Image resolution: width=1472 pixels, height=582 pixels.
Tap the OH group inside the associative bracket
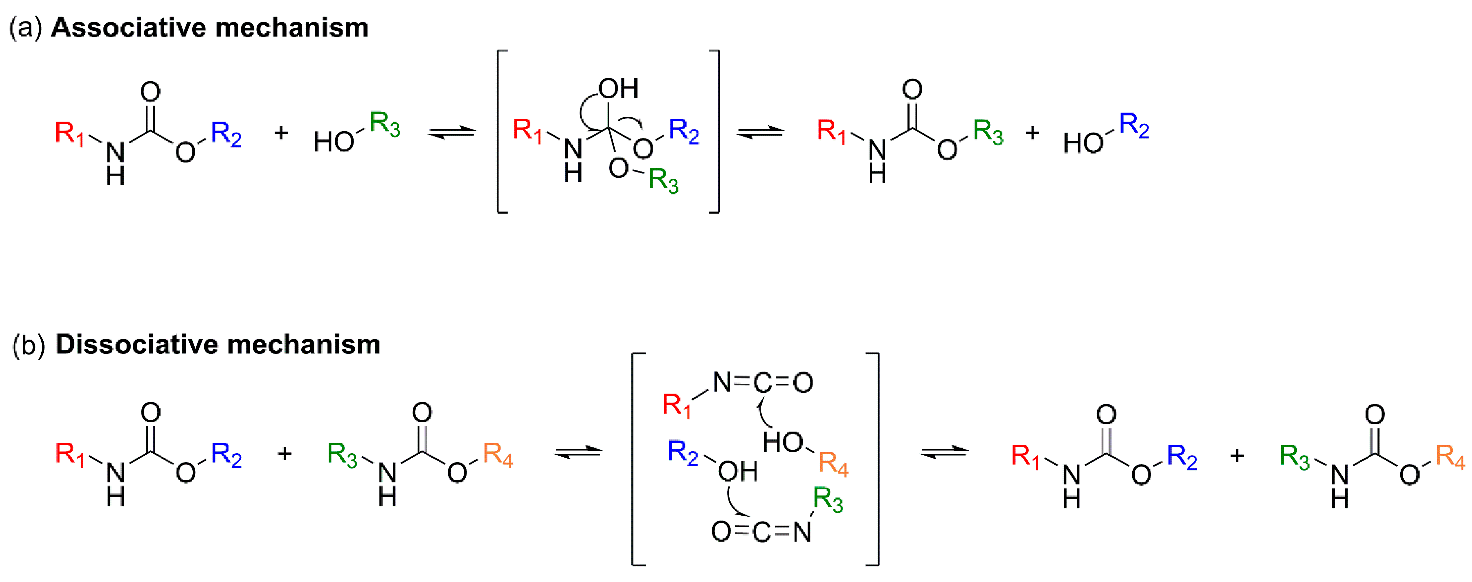click(x=618, y=89)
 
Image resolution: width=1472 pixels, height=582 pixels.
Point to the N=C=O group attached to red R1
click(x=763, y=382)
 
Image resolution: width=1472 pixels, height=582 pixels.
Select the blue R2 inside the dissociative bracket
click(x=683, y=452)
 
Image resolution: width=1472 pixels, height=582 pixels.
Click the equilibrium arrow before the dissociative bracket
click(x=578, y=452)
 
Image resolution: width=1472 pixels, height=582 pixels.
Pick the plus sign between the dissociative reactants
click(x=284, y=453)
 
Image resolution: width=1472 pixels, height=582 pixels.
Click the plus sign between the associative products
click(x=1032, y=133)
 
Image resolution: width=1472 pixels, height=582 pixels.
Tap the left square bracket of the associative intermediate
click(x=501, y=131)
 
